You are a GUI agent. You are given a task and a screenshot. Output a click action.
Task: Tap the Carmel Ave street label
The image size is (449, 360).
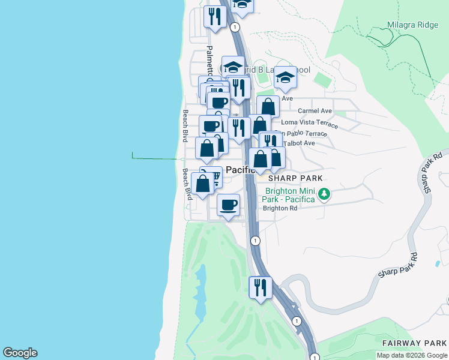pyautogui.click(x=315, y=111)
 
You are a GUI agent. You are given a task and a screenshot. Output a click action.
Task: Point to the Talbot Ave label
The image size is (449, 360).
pyautogui.click(x=299, y=143)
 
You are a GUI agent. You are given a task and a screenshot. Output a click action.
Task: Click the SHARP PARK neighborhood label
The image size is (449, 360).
pyautogui.click(x=295, y=178)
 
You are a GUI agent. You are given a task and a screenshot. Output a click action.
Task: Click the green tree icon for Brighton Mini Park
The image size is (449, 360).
pyautogui.click(x=324, y=193)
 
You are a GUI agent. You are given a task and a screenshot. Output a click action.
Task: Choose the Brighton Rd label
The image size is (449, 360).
pyautogui.click(x=280, y=208)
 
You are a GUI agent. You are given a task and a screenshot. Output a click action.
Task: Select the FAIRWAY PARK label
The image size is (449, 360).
pyautogui.click(x=415, y=343)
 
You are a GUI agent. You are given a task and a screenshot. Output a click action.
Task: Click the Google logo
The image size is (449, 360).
pyautogui.click(x=20, y=353)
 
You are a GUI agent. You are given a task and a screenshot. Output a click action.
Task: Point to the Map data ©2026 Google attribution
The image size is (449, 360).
pyautogui.click(x=412, y=356)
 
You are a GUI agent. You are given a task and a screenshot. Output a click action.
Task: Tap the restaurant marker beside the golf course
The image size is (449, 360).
pyautogui.click(x=260, y=287)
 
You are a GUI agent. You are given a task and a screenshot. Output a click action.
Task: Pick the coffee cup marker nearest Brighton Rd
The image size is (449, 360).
pyautogui.click(x=228, y=205)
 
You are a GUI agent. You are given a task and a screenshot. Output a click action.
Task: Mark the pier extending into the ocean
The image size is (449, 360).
pyautogui.click(x=156, y=158)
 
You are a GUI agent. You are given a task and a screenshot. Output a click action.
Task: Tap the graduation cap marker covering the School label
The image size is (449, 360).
pyautogui.click(x=286, y=77)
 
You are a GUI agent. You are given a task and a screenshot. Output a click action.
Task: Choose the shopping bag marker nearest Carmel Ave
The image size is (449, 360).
pyautogui.click(x=268, y=107)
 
